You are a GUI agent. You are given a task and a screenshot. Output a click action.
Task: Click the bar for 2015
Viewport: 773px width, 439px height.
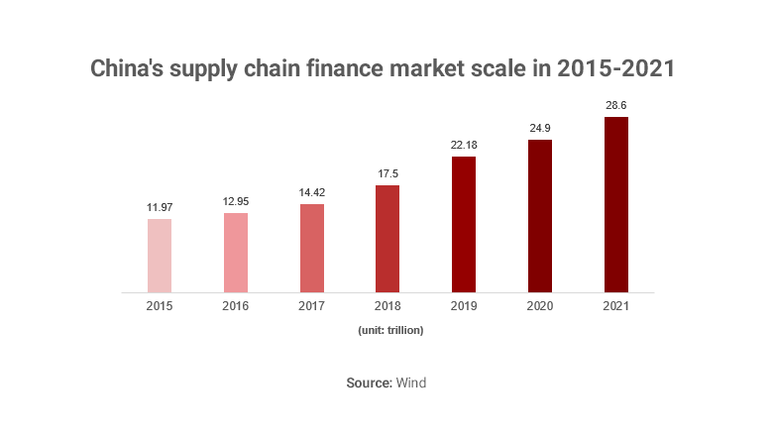160,256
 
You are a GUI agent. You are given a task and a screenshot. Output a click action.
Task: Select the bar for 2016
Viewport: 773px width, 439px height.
236,253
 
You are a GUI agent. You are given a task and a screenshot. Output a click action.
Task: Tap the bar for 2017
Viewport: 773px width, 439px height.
311,248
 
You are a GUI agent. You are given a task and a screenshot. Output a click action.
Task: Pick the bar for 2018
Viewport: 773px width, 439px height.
387,239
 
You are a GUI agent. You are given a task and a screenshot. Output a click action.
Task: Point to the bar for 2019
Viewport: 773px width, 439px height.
464,224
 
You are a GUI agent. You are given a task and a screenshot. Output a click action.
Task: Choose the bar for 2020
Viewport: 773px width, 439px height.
539,216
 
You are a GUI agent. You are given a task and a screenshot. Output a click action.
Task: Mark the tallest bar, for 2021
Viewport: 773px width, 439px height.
615,205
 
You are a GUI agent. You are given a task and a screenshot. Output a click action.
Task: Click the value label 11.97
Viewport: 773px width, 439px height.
160,207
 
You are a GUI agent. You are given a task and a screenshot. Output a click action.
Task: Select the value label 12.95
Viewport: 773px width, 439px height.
236,201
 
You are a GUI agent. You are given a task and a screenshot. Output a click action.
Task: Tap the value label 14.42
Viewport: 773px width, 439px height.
311,192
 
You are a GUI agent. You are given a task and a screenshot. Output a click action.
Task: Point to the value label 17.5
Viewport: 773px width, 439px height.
387,173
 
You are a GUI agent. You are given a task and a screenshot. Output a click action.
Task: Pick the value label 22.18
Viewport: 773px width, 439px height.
464,145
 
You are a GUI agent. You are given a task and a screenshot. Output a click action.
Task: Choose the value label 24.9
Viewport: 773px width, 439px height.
539,128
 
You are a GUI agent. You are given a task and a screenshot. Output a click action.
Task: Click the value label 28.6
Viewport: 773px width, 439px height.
615,105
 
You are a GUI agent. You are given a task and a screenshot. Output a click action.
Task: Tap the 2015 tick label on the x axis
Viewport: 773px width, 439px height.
160,307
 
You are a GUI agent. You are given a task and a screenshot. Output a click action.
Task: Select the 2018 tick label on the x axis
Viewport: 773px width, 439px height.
387,307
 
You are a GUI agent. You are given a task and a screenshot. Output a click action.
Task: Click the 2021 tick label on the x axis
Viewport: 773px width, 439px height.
615,307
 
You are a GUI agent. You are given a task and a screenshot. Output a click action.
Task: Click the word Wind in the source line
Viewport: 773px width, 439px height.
411,383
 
